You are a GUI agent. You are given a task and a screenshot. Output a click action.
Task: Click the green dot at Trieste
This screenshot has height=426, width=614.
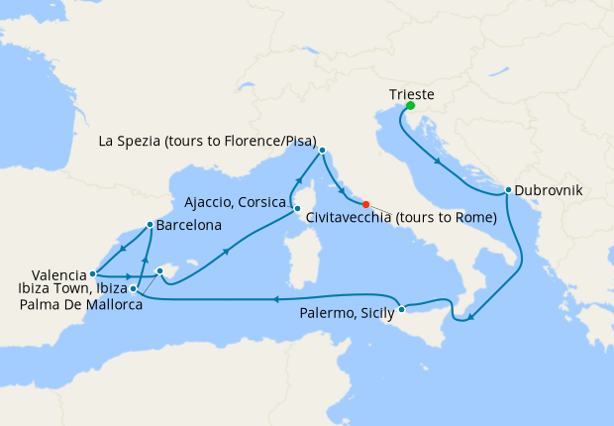[410, 106]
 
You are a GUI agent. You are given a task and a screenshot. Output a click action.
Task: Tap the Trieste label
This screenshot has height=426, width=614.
[411, 94]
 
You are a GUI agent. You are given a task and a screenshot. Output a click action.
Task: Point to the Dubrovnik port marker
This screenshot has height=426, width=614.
[508, 190]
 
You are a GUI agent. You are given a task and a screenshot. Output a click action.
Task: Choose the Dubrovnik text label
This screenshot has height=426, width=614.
[549, 190]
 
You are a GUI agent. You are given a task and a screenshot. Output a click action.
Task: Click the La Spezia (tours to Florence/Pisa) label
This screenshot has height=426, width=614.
[208, 142]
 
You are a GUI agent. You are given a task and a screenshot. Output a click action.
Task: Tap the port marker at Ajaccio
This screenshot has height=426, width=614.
[296, 209]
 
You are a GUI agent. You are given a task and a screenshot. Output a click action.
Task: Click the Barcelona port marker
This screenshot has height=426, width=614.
[150, 225]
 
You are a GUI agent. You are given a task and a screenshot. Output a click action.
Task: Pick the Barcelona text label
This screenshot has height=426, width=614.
[188, 225]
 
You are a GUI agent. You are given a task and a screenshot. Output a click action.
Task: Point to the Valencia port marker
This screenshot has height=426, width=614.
[92, 274]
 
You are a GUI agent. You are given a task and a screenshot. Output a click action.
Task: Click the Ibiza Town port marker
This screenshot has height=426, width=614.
[134, 288]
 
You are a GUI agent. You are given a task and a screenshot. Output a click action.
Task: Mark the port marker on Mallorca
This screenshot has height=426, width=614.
[160, 270]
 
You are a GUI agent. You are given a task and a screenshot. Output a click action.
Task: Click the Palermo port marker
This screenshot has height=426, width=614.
[401, 311]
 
